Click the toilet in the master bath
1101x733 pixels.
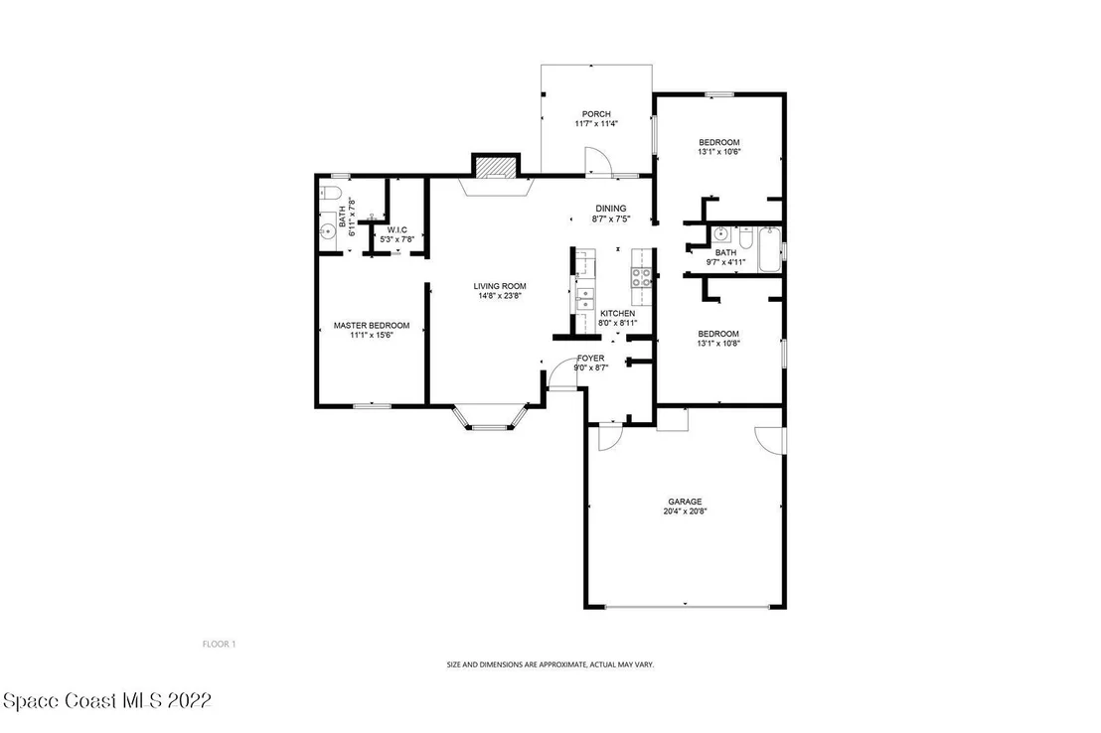coord(330,193)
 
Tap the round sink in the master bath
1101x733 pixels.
coord(327,230)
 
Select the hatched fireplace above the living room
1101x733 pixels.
coord(496,167)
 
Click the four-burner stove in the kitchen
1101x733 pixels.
coord(642,277)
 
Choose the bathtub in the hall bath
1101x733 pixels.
coord(769,249)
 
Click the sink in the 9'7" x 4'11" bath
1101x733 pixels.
coord(721,234)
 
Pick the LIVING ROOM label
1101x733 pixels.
coord(499,286)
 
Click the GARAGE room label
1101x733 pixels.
coord(685,502)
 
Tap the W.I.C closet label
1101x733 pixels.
coord(397,229)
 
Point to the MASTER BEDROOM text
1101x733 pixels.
coord(372,325)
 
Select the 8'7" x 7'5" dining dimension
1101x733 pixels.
coord(611,219)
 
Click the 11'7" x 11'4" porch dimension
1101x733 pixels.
coord(596,123)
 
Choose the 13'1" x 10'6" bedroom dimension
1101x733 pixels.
coord(719,152)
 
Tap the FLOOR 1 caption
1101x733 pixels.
coord(219,644)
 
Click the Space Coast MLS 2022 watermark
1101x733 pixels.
coord(107,700)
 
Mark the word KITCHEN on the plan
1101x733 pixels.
coord(618,313)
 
